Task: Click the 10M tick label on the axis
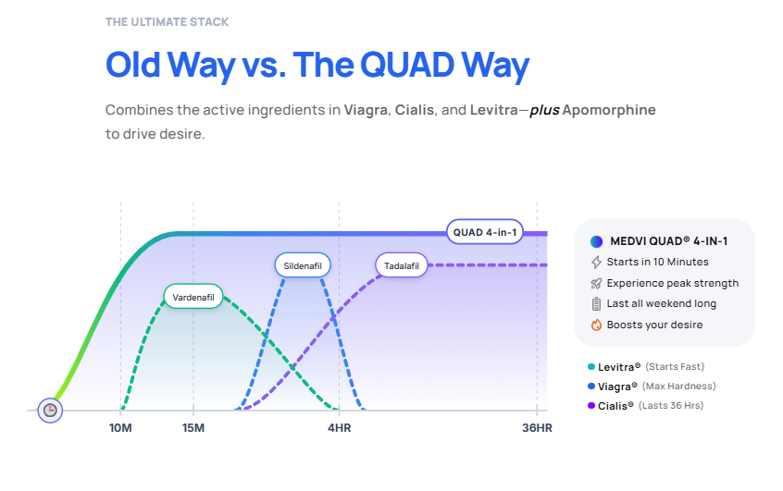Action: (120, 428)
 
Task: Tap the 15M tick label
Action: (193, 428)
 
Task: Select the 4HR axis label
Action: (339, 428)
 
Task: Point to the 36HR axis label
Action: (537, 428)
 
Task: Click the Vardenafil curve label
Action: (193, 298)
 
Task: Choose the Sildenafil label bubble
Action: (303, 266)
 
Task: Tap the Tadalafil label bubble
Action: (403, 266)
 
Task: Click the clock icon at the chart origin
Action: (50, 410)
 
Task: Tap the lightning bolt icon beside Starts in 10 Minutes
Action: (596, 263)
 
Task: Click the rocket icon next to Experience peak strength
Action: (596, 283)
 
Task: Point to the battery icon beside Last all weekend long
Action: (596, 304)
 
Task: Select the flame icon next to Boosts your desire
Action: (596, 325)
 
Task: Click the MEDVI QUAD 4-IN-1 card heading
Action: (666, 241)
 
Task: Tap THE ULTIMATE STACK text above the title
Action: (167, 21)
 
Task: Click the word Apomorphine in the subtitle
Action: (613, 110)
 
